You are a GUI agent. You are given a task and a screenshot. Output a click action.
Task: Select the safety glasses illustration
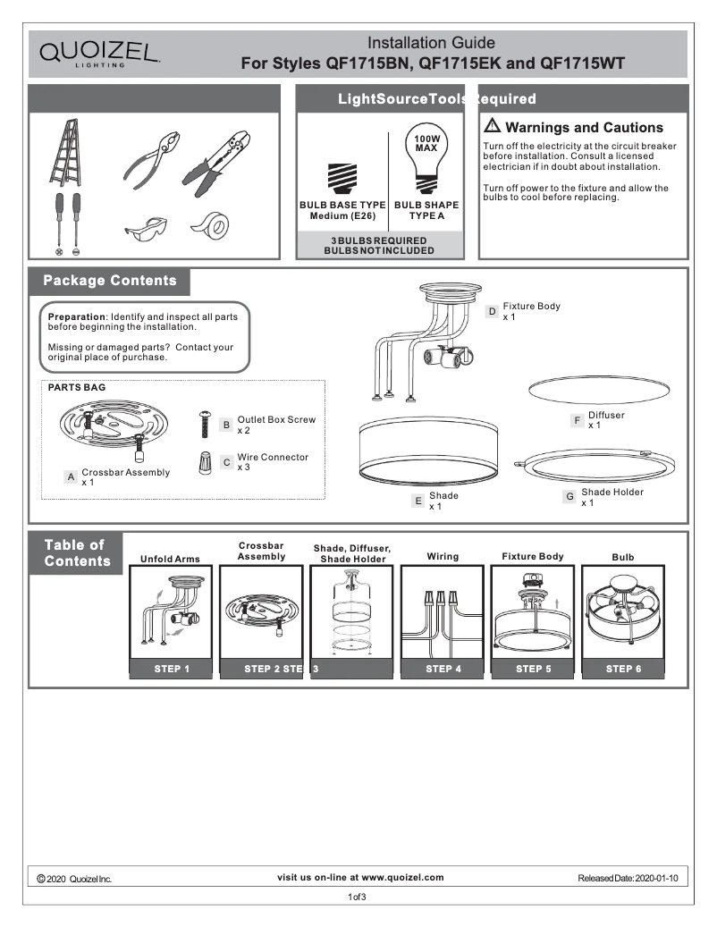[x=145, y=230]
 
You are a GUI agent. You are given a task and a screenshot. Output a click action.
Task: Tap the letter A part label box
[x=70, y=477]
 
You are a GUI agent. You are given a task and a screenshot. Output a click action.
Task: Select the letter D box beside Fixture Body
[x=492, y=312]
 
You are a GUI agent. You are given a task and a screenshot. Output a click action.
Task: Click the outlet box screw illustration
[x=205, y=423]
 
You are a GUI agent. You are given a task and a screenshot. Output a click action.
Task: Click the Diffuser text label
[x=606, y=415]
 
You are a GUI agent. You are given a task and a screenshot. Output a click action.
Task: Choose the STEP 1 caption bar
[x=168, y=668]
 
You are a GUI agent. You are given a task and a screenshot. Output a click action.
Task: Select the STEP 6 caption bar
[x=623, y=668]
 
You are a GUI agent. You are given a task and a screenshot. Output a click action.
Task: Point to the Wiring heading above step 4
[x=443, y=556]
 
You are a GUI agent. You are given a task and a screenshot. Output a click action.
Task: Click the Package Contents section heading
[x=110, y=281]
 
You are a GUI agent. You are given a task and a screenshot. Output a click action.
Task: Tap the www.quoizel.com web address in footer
[x=402, y=877]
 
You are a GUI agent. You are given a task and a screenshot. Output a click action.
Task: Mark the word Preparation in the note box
[x=77, y=317]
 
